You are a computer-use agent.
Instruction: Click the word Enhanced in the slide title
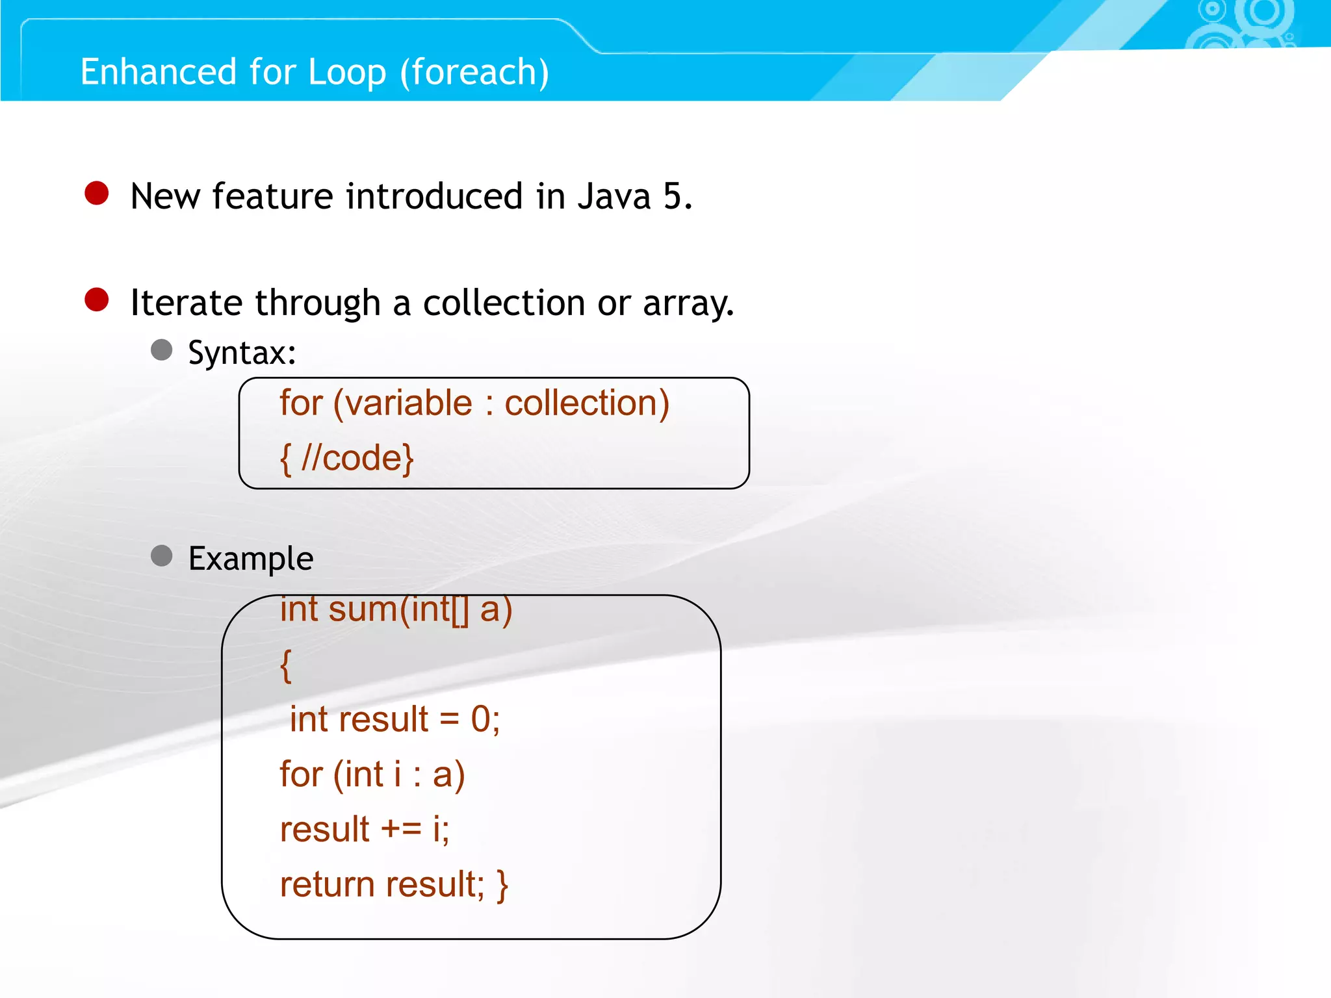tap(158, 71)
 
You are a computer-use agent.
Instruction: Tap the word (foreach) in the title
tap(474, 71)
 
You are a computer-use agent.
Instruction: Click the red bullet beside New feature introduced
tap(97, 193)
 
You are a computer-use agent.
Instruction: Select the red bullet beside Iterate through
tap(97, 300)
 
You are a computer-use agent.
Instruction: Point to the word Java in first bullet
tap(614, 196)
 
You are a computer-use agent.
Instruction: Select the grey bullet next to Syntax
tap(161, 350)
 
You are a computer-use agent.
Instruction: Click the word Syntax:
tap(242, 353)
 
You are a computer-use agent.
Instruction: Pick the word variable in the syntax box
tap(408, 403)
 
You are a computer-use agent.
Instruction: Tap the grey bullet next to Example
tap(161, 556)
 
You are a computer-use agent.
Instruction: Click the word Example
tap(251, 559)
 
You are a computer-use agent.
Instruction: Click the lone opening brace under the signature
tap(286, 665)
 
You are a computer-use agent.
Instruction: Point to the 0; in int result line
tap(485, 720)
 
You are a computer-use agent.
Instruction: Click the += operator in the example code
tap(401, 830)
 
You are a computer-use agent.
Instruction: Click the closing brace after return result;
tap(502, 885)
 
